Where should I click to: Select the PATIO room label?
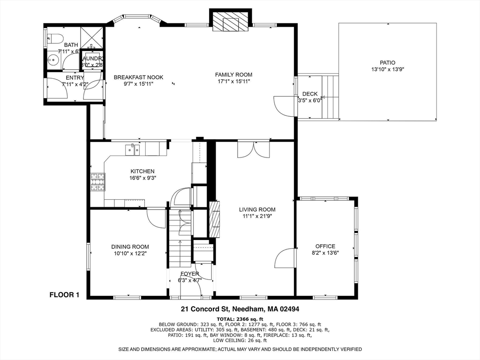[387, 62]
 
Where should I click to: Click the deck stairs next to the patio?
[331, 97]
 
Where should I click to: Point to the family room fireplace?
[230, 21]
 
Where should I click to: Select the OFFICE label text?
[325, 246]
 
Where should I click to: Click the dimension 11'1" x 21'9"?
[257, 216]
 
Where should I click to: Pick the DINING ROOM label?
[130, 247]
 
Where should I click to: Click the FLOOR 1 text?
[65, 295]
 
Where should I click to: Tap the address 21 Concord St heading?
[240, 309]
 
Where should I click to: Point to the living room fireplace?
[214, 219]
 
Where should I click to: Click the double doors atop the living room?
[253, 149]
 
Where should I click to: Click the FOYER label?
[190, 274]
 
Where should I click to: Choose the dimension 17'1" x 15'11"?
[233, 81]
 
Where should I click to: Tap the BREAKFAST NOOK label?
[138, 77]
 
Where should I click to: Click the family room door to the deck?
[284, 105]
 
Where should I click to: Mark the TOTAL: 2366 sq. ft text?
[240, 318]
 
